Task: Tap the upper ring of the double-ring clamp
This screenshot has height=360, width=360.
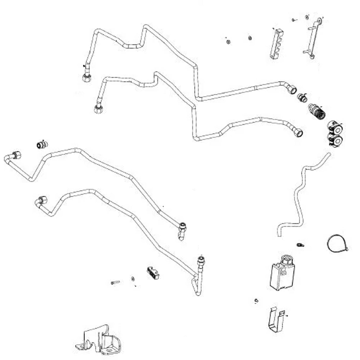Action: [337, 128]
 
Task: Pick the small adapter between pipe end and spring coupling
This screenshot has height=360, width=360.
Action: [302, 97]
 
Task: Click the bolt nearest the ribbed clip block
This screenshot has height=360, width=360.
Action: [115, 282]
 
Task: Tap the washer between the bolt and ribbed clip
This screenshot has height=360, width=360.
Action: [132, 278]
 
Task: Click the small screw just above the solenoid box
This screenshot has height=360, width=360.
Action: [300, 245]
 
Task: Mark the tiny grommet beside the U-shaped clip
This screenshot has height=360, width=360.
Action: [256, 301]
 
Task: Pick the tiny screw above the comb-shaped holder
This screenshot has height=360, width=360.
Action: [294, 20]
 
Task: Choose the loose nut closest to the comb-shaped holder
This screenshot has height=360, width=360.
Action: [250, 38]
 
